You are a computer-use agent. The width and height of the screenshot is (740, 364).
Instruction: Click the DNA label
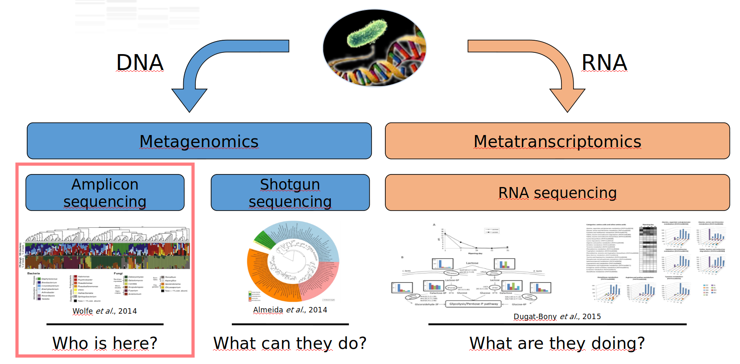click(x=140, y=63)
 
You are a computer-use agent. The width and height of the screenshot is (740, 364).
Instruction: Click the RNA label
click(x=604, y=63)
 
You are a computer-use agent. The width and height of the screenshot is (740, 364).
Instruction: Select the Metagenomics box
click(x=199, y=141)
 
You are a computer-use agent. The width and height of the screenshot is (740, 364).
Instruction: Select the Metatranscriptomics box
click(x=557, y=141)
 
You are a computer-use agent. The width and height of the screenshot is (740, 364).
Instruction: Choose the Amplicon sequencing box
click(x=105, y=192)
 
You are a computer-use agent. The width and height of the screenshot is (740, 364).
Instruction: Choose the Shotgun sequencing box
click(x=290, y=192)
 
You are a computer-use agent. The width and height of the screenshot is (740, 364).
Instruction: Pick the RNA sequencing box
click(x=557, y=192)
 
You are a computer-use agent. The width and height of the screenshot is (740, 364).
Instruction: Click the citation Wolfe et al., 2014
click(x=104, y=311)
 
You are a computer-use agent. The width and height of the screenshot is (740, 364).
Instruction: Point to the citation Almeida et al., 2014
click(x=290, y=310)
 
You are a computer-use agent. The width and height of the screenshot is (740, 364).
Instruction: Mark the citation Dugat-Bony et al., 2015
click(x=557, y=317)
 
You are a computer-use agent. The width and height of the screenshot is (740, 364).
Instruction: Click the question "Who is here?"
click(x=105, y=343)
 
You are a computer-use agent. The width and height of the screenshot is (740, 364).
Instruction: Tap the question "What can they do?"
click(x=290, y=343)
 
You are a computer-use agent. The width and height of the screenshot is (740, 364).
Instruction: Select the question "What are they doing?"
click(x=557, y=343)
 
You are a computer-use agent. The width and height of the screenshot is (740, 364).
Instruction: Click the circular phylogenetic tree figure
click(x=293, y=261)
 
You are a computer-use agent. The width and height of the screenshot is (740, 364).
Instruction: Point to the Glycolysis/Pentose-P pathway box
click(x=474, y=304)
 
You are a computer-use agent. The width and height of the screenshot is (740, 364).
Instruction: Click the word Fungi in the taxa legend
click(x=118, y=273)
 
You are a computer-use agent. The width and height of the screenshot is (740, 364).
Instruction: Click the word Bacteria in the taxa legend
click(x=34, y=273)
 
